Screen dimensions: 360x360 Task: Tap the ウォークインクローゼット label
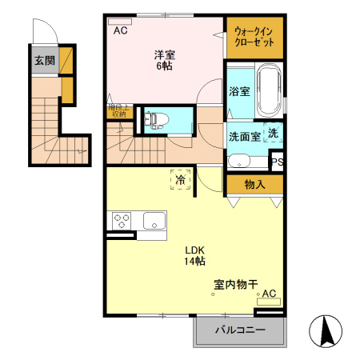coord(254,37)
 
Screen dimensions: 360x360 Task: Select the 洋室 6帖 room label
coord(164,59)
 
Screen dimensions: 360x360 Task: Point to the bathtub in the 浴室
coord(268,92)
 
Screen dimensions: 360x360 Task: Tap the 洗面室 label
coord(244,136)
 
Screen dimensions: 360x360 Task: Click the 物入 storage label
coord(254,185)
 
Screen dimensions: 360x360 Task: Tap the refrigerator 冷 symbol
coord(182,181)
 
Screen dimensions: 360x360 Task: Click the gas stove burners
coord(122,220)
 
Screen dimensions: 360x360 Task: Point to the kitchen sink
coord(153,220)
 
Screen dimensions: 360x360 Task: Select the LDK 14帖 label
coord(194,254)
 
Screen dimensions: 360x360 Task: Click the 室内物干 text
coord(235,284)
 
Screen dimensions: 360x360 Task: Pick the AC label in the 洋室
coord(120,31)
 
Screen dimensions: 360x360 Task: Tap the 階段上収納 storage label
coord(115,110)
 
